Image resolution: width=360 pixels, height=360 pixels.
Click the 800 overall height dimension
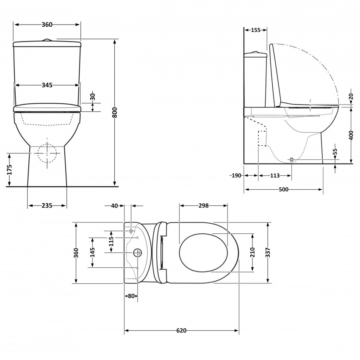point(114,112)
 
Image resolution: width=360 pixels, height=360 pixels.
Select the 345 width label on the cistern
point(47,85)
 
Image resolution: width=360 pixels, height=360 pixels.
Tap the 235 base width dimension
point(47,206)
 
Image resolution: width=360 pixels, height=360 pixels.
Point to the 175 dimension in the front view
point(9,169)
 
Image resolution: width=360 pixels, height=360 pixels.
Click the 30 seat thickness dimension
point(93,97)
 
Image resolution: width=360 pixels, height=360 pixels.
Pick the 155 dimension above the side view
point(255,30)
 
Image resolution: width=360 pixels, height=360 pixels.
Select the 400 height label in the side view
point(351,135)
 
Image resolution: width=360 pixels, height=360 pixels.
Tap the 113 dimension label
point(275,175)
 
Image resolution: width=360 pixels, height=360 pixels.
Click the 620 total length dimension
point(181,331)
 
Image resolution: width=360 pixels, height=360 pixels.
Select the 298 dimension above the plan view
point(204,206)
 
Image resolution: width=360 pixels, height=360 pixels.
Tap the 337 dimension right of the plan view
point(268,253)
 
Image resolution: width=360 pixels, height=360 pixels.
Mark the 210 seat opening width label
point(253,252)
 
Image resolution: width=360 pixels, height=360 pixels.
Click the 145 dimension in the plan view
point(93,252)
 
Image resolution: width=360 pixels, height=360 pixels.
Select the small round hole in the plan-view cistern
point(137,253)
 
